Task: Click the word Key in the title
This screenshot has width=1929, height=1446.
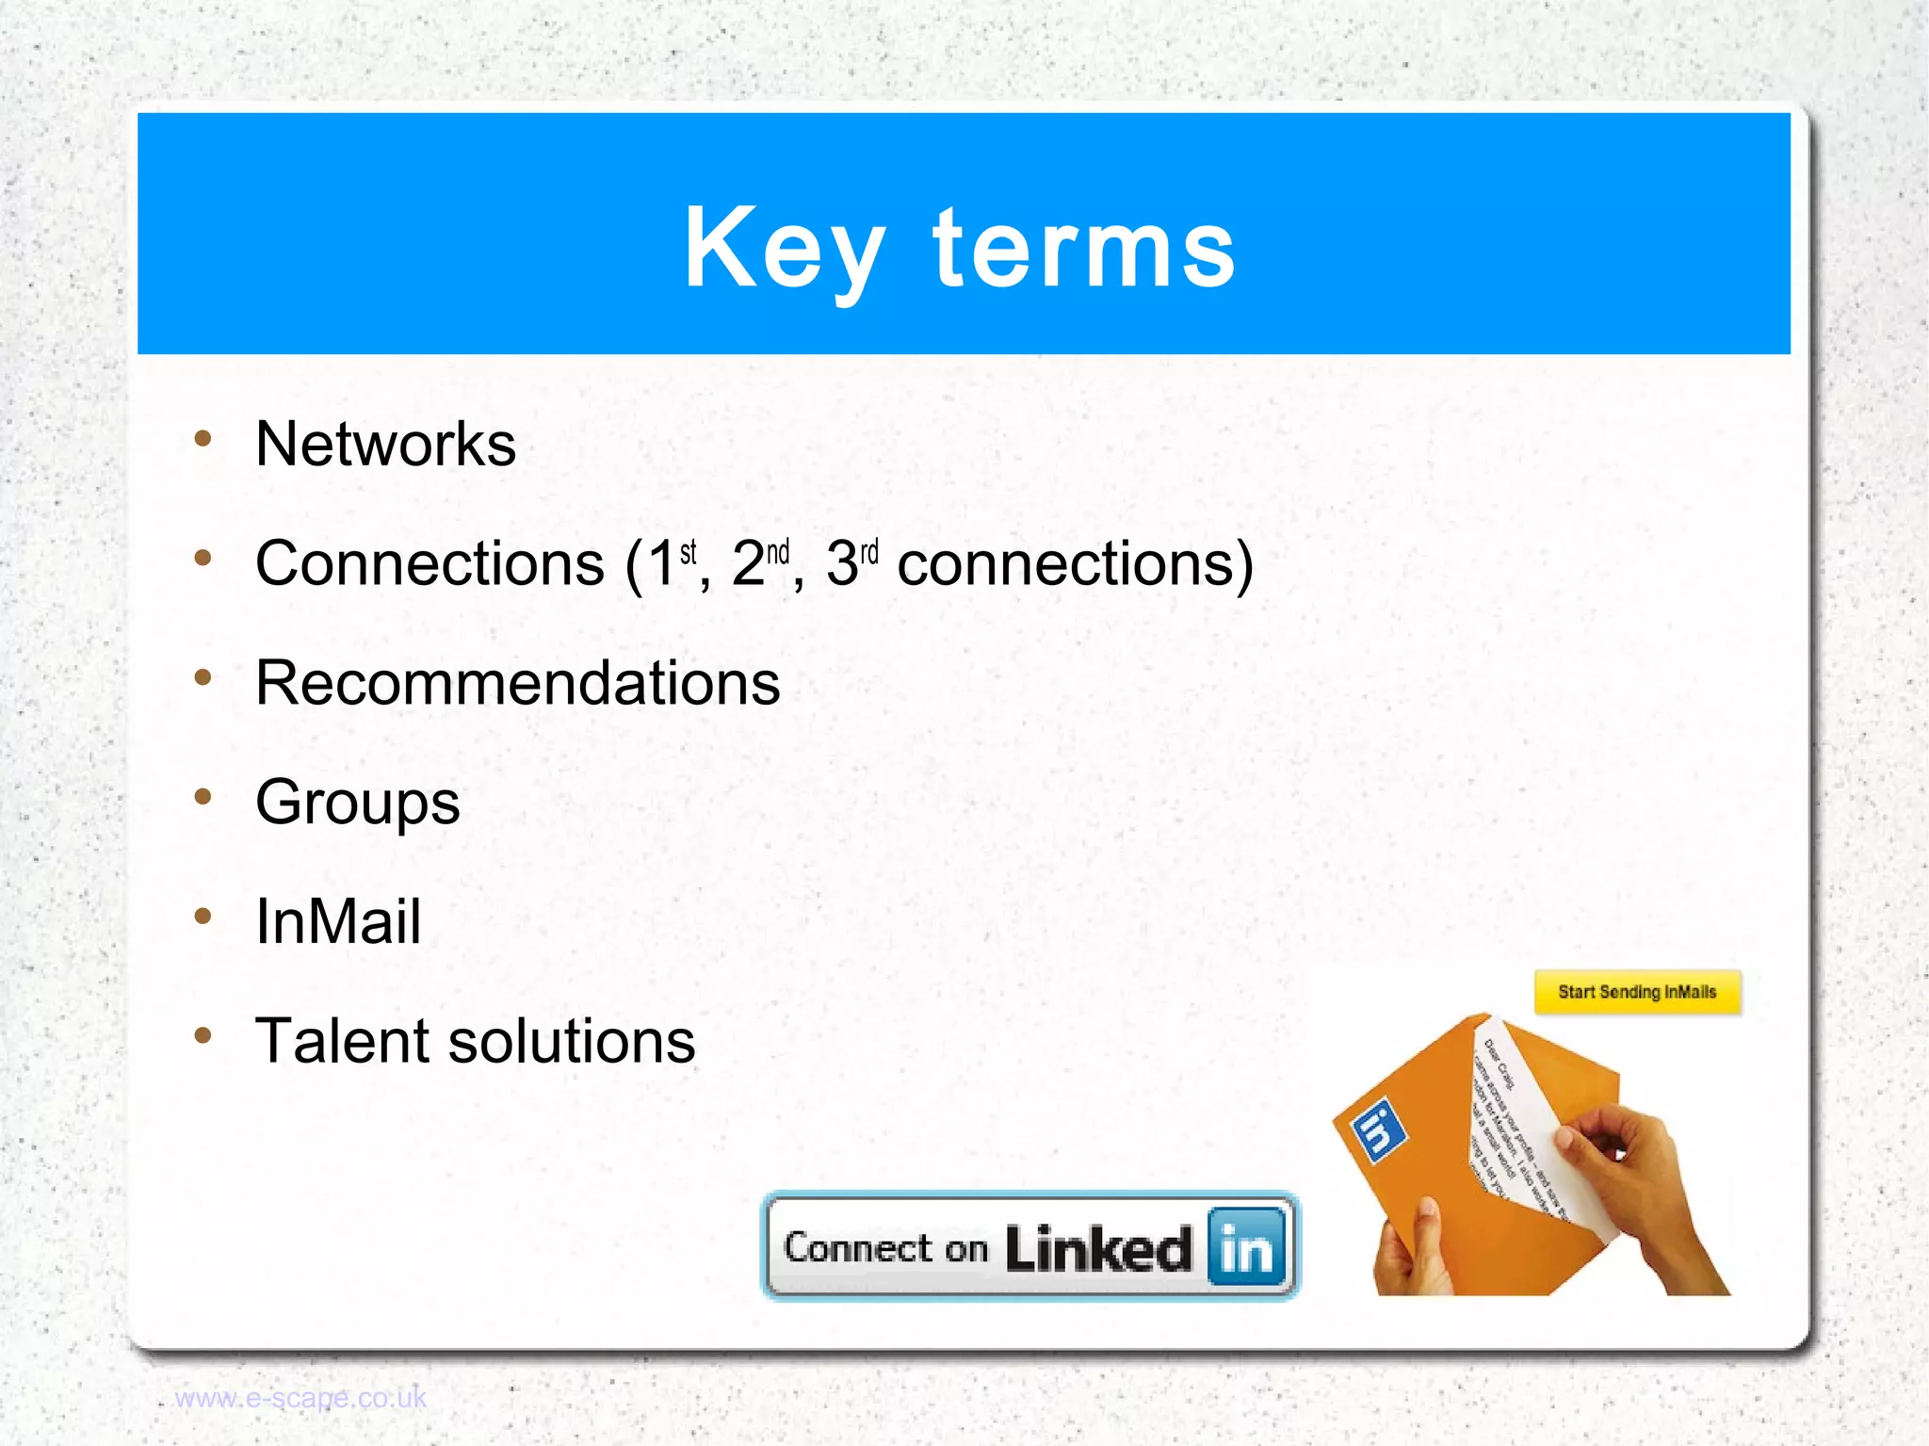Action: (784, 250)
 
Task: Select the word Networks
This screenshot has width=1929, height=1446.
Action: (385, 444)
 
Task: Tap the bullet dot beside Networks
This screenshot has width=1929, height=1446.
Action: (203, 438)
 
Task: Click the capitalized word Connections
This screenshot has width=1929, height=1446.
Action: (430, 564)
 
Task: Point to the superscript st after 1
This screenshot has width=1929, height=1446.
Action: (689, 551)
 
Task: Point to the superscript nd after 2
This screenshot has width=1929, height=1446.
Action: (778, 551)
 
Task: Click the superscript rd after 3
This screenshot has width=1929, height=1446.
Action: (868, 551)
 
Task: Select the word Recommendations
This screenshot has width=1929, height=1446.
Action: (517, 683)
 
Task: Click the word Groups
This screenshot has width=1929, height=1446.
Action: (357, 804)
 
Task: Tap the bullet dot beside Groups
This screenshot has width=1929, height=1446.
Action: (203, 797)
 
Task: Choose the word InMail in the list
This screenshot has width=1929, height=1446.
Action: (337, 921)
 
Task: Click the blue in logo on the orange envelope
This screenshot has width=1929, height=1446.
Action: (1378, 1130)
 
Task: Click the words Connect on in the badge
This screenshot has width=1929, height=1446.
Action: (885, 1248)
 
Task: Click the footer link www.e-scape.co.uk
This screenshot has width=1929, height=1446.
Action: (300, 1398)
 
